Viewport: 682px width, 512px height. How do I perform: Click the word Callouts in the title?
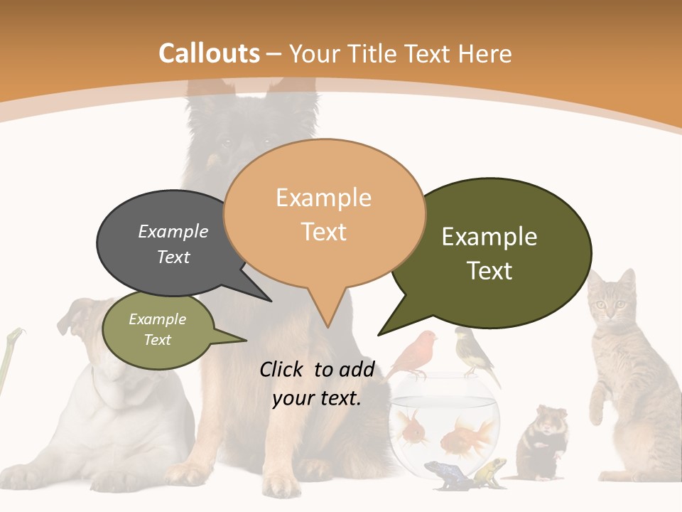click(209, 53)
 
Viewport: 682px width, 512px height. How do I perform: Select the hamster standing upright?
click(543, 437)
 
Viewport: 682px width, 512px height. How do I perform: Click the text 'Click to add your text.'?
click(317, 383)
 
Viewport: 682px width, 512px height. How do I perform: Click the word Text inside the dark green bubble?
click(490, 271)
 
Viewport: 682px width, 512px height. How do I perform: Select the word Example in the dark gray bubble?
click(173, 231)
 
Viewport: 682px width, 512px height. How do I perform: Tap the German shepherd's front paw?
click(284, 484)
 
